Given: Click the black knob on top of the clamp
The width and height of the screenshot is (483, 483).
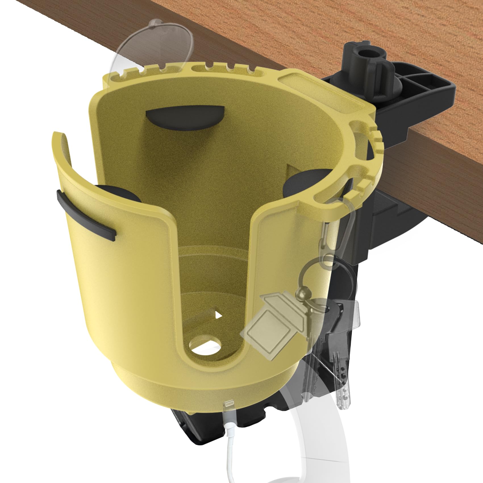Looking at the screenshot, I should [x=368, y=61].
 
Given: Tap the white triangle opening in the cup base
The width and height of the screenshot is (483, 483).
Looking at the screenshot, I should [x=218, y=315].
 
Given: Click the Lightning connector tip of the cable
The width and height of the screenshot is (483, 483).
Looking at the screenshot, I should [x=229, y=406].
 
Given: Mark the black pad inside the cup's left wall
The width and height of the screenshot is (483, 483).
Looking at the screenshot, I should [x=119, y=195].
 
